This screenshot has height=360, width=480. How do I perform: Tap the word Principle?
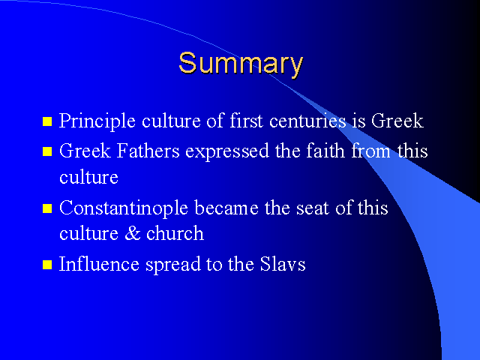coord(97,121)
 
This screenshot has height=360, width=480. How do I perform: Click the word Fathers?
coord(148,150)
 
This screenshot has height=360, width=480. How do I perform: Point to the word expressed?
coord(227,151)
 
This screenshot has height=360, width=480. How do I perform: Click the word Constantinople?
coord(123,209)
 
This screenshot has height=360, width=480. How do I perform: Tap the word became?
coord(226,208)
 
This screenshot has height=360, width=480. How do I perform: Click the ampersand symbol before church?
coord(133,233)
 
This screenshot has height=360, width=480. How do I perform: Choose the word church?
coord(175,233)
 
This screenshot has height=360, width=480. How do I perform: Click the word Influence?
coord(99,263)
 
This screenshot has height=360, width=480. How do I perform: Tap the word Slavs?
coord(283,263)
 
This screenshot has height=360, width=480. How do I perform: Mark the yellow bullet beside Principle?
coord(47,121)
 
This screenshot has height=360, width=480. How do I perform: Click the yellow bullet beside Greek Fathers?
coord(47,151)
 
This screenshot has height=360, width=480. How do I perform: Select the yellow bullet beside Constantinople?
coord(47,208)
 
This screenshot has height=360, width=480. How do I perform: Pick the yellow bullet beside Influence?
coord(47,265)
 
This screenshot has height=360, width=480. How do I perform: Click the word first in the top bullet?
coord(246,120)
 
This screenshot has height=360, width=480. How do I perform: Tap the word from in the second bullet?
coord(370,150)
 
